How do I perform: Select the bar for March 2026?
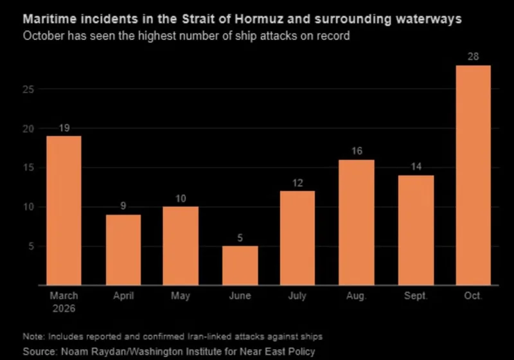tap(64, 210)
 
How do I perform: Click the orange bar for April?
tap(123, 250)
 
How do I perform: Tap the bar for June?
tap(240, 265)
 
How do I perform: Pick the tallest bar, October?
tap(473, 175)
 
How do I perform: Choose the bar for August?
tap(357, 222)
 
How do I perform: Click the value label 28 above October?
tap(473, 57)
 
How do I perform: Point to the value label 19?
tap(64, 128)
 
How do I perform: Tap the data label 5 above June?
tap(240, 238)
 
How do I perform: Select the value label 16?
tap(357, 151)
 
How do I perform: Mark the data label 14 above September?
tap(416, 166)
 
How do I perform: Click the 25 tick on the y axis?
tap(28, 89)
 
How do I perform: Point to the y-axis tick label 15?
tap(28, 168)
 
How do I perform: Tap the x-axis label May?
tap(181, 296)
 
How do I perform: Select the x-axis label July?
tap(297, 296)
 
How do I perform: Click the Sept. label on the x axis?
tap(416, 296)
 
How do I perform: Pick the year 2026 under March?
tap(64, 309)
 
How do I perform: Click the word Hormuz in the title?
tap(259, 19)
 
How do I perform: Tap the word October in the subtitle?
tap(44, 35)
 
